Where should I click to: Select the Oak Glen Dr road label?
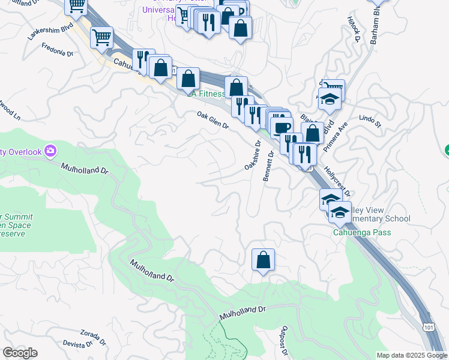pos(213,119)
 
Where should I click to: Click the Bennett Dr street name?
pos(268,166)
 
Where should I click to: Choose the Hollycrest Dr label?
pos(337,182)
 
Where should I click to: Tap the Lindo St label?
pos(370,121)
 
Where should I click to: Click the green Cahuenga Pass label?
pos(363,233)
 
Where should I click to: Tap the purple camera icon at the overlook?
pos(51,151)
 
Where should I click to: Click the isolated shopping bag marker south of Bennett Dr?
pos(263,260)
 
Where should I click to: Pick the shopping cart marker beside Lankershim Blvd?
pos(101,38)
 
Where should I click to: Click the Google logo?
pos(20,353)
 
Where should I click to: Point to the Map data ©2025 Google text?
pos(411,355)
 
